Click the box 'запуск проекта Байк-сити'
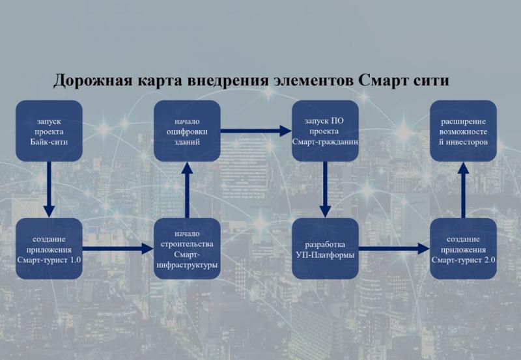(x=49, y=131)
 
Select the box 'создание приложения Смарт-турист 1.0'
(x=49, y=249)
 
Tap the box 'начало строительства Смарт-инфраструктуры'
(x=187, y=249)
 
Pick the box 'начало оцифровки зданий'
(x=187, y=131)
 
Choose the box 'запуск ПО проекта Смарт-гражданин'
(x=325, y=131)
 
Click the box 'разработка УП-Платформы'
(x=325, y=249)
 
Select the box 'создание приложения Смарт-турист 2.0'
(x=463, y=249)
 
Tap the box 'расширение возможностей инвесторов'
(x=463, y=131)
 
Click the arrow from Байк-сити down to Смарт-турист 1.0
(x=49, y=189)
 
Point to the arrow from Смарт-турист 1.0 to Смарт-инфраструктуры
(x=118, y=249)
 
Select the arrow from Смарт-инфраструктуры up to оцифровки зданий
(x=187, y=189)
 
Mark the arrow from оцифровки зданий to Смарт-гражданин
(x=256, y=131)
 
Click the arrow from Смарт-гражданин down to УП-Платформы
(x=325, y=189)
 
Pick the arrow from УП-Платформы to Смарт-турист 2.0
(x=395, y=249)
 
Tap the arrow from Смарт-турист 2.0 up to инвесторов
(x=463, y=189)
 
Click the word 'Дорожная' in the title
(x=92, y=81)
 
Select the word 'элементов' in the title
(x=313, y=81)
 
